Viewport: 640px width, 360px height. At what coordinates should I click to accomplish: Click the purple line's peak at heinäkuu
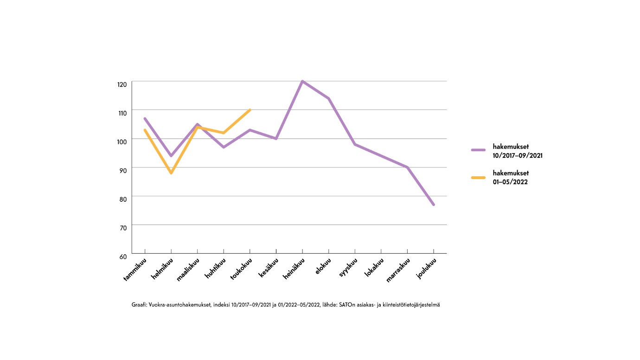point(302,81)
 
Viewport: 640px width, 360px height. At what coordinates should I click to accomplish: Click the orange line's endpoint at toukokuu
point(250,110)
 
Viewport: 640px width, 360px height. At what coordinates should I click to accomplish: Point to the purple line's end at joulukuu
point(434,205)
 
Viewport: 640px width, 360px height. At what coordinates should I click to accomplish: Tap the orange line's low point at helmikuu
point(171,173)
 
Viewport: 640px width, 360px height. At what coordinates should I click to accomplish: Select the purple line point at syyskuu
point(355,144)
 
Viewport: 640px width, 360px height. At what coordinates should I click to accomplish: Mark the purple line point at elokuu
point(329,98)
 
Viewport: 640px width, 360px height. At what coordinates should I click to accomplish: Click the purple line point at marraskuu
point(407,167)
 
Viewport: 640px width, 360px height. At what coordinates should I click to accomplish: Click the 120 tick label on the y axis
point(122,84)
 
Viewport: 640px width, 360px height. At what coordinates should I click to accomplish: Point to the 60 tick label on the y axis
point(122,257)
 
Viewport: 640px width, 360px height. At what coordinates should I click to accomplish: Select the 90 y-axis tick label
point(122,171)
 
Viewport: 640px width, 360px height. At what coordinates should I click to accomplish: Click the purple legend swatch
point(478,150)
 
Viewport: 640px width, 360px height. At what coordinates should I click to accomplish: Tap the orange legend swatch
point(478,177)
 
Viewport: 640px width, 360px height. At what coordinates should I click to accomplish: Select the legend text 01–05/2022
point(510,182)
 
